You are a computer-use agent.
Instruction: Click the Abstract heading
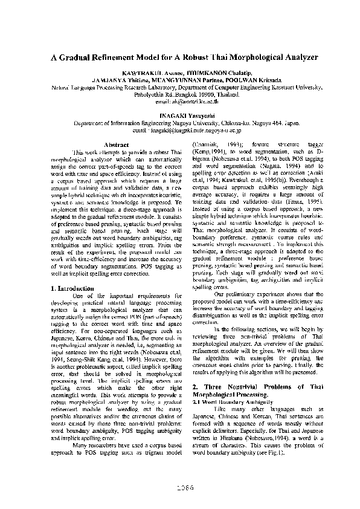coord(116,145)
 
